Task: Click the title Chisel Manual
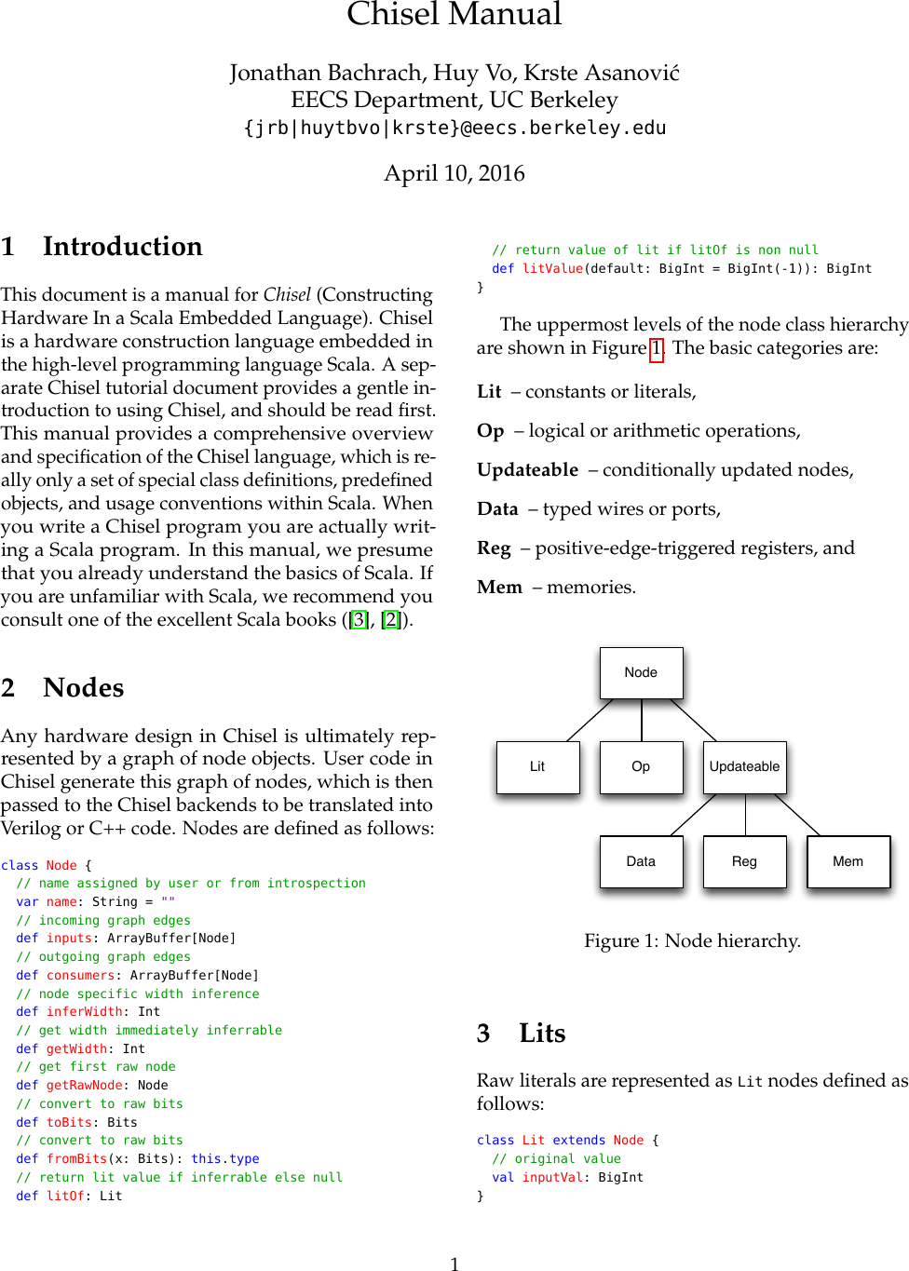coord(454,14)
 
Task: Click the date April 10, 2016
coord(454,173)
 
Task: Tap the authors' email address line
coord(454,128)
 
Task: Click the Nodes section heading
coord(83,687)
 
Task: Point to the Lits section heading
coord(542,1033)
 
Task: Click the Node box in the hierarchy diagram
coord(641,672)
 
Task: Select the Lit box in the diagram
coord(537,766)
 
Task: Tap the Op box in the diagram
coord(641,766)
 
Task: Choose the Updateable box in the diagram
coord(744,766)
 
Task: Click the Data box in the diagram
coord(641,861)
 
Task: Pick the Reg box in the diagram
coord(744,861)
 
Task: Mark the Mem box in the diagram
coord(848,861)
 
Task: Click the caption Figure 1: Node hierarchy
coord(692,940)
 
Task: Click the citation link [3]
coord(359,619)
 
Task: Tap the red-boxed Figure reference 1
coord(657,348)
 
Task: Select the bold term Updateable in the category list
coord(527,469)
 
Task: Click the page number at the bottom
coord(454,1264)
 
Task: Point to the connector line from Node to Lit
coord(590,720)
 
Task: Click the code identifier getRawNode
coord(84,1085)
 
